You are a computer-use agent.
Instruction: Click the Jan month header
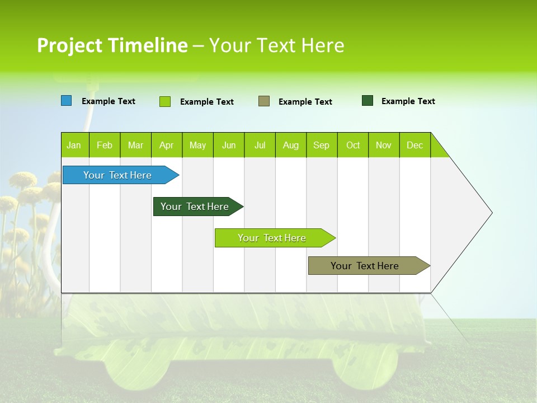pyautogui.click(x=74, y=145)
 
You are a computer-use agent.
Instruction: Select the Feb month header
pyautogui.click(x=105, y=145)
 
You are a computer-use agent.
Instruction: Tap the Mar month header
pyautogui.click(x=135, y=145)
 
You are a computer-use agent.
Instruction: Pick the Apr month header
pyautogui.click(x=167, y=145)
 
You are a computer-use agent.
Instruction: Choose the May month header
pyautogui.click(x=197, y=145)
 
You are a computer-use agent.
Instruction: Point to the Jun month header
pyautogui.click(x=229, y=145)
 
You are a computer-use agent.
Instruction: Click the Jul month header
pyautogui.click(x=260, y=145)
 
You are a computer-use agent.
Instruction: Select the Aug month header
pyautogui.click(x=291, y=145)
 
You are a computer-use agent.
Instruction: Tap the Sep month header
pyautogui.click(x=322, y=145)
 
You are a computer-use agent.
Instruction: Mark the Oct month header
pyautogui.click(x=353, y=145)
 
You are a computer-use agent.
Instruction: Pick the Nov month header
pyautogui.click(x=384, y=145)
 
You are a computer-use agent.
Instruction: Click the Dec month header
pyautogui.click(x=415, y=145)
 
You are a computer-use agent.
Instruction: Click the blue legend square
pyautogui.click(x=67, y=101)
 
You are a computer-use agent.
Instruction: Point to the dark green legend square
pyautogui.click(x=368, y=101)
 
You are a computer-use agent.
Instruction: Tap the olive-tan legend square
pyautogui.click(x=264, y=101)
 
